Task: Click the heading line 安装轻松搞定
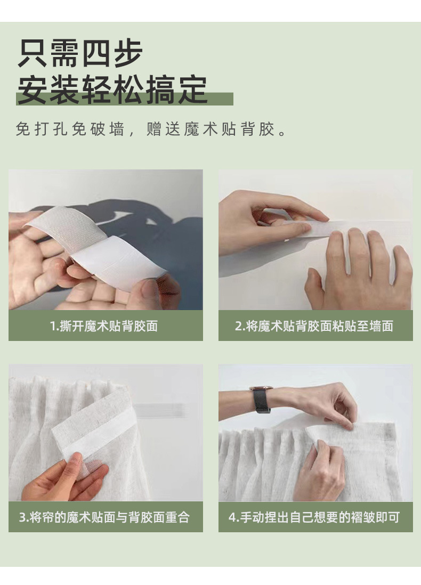[112, 90]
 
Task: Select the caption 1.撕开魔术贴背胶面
[104, 326]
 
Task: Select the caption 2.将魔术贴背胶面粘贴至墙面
[314, 326]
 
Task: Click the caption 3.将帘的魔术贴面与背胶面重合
[104, 517]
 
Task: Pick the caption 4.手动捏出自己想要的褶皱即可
[314, 517]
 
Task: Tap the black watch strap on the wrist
[261, 402]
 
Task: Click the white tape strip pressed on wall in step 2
[368, 226]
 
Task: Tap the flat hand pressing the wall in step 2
[357, 272]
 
